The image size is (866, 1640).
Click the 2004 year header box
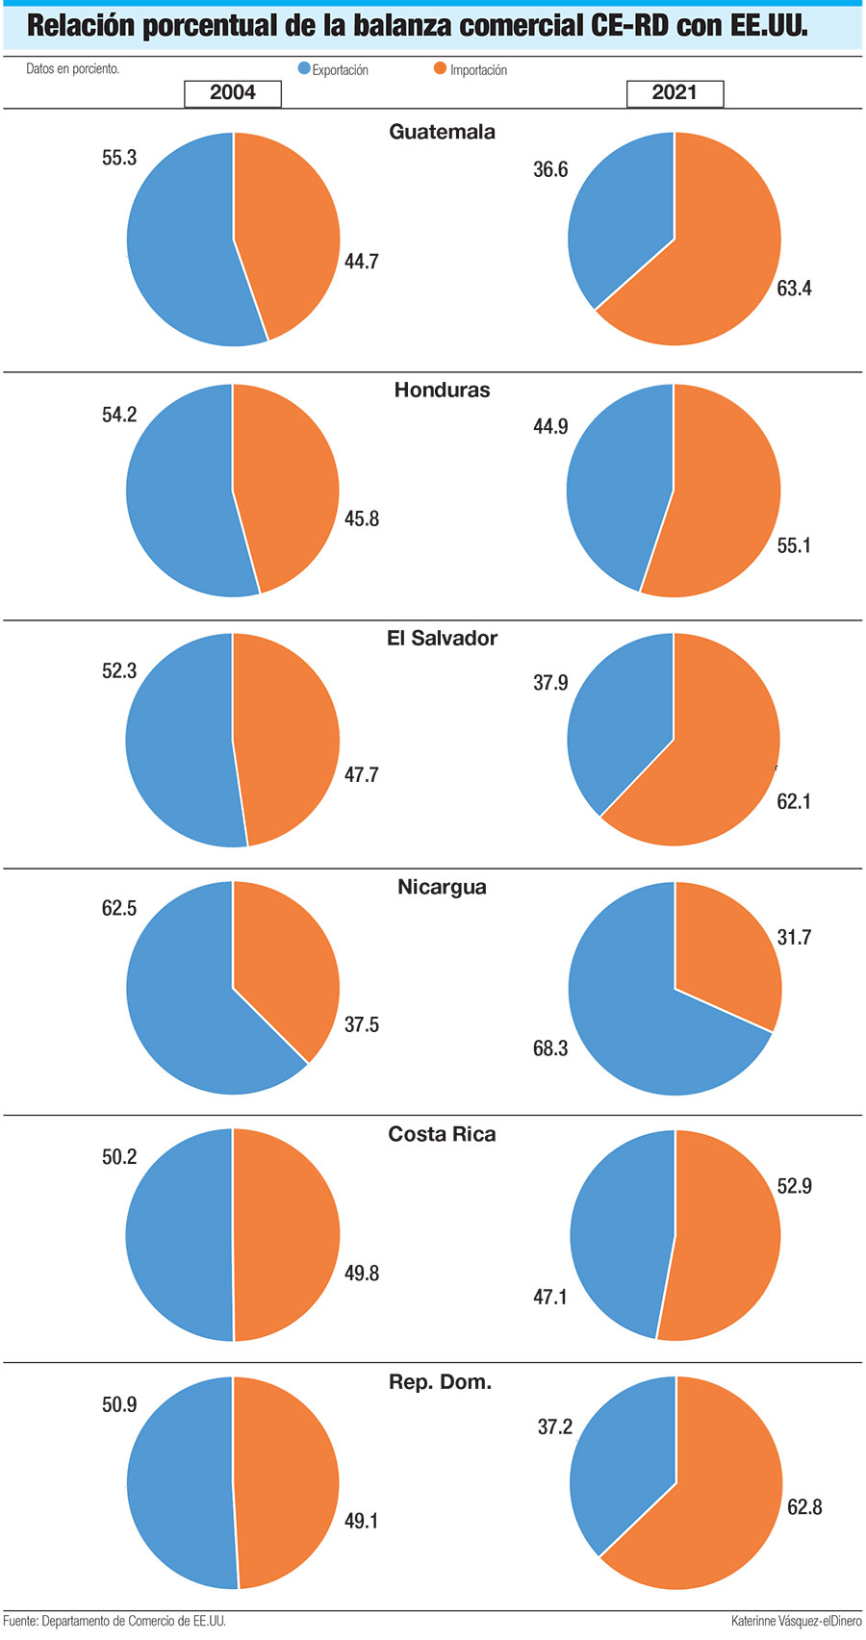tap(233, 93)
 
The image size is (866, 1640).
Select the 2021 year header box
tap(675, 93)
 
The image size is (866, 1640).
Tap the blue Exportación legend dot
tap(304, 69)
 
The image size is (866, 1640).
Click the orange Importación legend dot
tap(441, 69)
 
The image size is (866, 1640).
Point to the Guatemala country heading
tap(442, 132)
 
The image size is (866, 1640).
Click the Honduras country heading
tap(442, 390)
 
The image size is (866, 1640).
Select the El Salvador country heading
tap(442, 638)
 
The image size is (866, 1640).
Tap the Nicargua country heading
tap(442, 887)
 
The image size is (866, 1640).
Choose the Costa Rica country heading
tap(442, 1134)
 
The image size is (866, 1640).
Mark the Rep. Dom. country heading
tap(440, 1382)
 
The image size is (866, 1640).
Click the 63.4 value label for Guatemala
tap(794, 289)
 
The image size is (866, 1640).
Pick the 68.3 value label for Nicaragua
tap(550, 1048)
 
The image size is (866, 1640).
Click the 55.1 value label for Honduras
tap(794, 545)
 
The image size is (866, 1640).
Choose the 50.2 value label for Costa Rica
tap(119, 1156)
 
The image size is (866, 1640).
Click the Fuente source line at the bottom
tap(115, 1621)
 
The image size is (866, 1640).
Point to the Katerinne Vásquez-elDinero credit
tap(796, 1621)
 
